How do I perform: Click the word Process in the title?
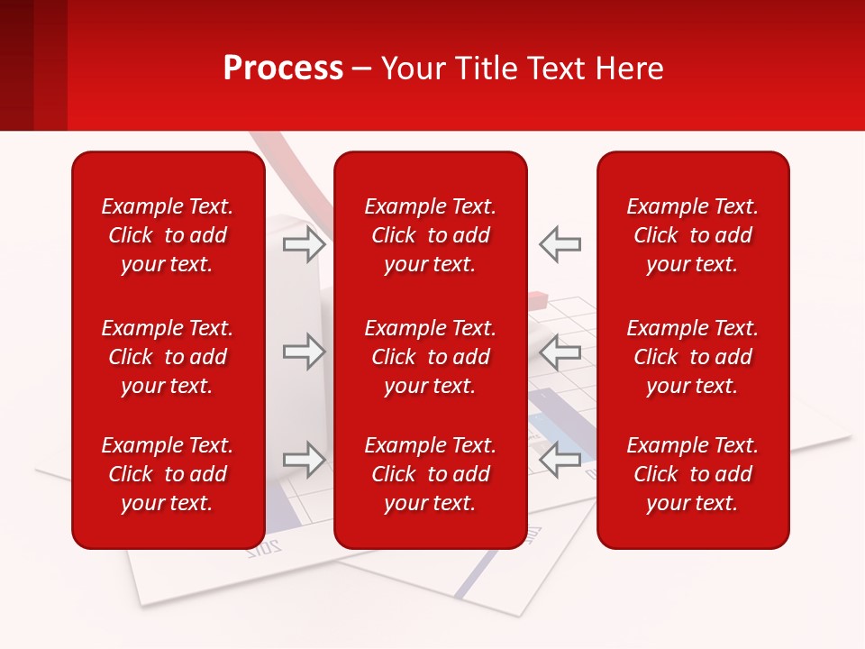(283, 69)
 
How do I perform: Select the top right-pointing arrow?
(305, 244)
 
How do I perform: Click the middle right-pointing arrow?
(305, 352)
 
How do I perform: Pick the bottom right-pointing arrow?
(305, 460)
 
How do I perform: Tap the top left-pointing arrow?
(560, 244)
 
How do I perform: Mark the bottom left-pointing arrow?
(560, 460)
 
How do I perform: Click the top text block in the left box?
(168, 235)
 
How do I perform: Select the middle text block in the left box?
(168, 357)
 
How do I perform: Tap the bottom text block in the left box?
(168, 474)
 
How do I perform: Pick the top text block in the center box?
(431, 235)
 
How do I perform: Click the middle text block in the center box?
(431, 357)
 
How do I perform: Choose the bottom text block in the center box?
(431, 474)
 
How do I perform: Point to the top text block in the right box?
(693, 235)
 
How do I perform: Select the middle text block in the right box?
(693, 357)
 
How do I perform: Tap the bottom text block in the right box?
(693, 474)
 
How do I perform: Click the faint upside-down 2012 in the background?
(264, 546)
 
